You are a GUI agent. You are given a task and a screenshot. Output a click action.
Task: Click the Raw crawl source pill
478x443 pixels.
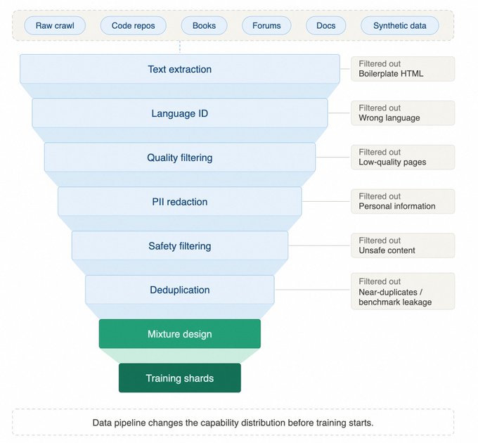(x=55, y=25)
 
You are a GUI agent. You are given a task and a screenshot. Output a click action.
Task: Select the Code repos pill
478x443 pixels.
(x=134, y=25)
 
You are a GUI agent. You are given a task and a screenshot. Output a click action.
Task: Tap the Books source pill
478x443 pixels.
(x=204, y=25)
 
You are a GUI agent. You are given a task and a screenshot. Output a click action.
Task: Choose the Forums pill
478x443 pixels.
(x=266, y=25)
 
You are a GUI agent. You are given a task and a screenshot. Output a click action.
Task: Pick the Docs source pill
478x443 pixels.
(x=326, y=25)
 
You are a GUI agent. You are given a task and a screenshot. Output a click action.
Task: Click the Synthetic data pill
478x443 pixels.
(x=400, y=25)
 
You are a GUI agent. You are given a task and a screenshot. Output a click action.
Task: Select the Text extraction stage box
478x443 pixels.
(x=180, y=69)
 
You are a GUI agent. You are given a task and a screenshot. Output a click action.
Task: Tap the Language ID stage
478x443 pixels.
(x=180, y=113)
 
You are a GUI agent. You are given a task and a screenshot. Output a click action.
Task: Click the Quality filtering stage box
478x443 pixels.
(x=180, y=158)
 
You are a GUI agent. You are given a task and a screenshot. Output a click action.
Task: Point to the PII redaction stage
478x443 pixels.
(x=180, y=202)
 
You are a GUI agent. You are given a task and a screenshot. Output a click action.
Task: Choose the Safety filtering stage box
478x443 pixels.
(x=180, y=245)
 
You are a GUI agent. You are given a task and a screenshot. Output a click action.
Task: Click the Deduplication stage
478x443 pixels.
(x=180, y=290)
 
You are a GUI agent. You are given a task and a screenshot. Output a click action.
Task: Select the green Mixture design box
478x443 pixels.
(x=180, y=334)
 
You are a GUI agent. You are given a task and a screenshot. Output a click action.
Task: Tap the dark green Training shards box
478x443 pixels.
(x=180, y=378)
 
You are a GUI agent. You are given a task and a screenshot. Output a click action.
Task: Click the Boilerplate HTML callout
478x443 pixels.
(x=403, y=69)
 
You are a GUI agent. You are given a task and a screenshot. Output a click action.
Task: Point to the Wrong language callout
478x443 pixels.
(x=403, y=113)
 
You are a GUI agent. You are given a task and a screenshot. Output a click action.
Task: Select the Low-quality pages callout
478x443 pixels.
(x=403, y=158)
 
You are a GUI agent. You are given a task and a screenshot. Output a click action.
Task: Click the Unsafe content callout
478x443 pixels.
(x=403, y=245)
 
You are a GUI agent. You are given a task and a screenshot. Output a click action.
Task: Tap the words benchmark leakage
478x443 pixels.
(x=395, y=302)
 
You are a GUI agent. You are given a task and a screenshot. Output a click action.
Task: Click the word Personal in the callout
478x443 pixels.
(x=374, y=206)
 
